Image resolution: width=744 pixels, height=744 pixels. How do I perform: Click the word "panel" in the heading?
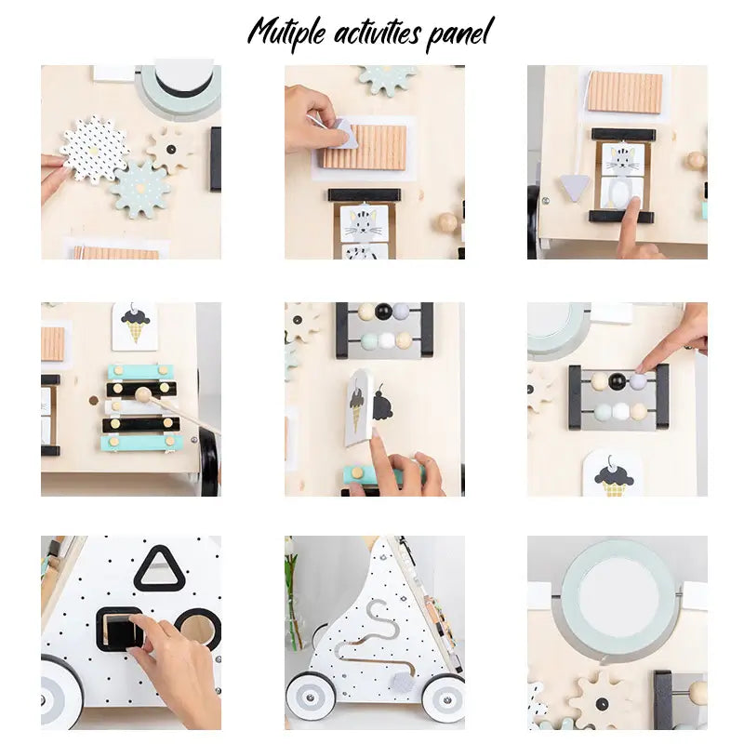click(x=459, y=33)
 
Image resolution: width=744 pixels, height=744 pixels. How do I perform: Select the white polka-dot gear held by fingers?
click(x=94, y=149)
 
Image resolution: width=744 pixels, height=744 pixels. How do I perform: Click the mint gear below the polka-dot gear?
click(x=140, y=190)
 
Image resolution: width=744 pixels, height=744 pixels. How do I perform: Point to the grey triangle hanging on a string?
click(x=574, y=187)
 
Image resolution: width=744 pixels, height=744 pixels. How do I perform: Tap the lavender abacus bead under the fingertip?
click(x=637, y=381)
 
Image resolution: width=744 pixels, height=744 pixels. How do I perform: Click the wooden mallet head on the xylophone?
click(x=143, y=394)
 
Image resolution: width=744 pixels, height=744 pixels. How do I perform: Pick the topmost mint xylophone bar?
click(x=140, y=371)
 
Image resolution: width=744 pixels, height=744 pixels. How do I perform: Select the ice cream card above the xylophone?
click(x=135, y=326)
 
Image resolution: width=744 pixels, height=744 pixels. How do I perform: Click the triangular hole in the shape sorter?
click(x=159, y=568)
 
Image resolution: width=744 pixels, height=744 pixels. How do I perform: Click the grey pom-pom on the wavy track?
click(x=403, y=682)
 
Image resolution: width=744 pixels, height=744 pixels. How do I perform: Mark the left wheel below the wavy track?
click(x=310, y=697)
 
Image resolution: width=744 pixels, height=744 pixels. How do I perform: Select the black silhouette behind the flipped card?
click(x=383, y=405)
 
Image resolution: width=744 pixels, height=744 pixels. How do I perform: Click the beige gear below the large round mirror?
click(x=600, y=700)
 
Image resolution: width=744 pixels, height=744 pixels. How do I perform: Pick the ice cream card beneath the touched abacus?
click(x=613, y=473)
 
